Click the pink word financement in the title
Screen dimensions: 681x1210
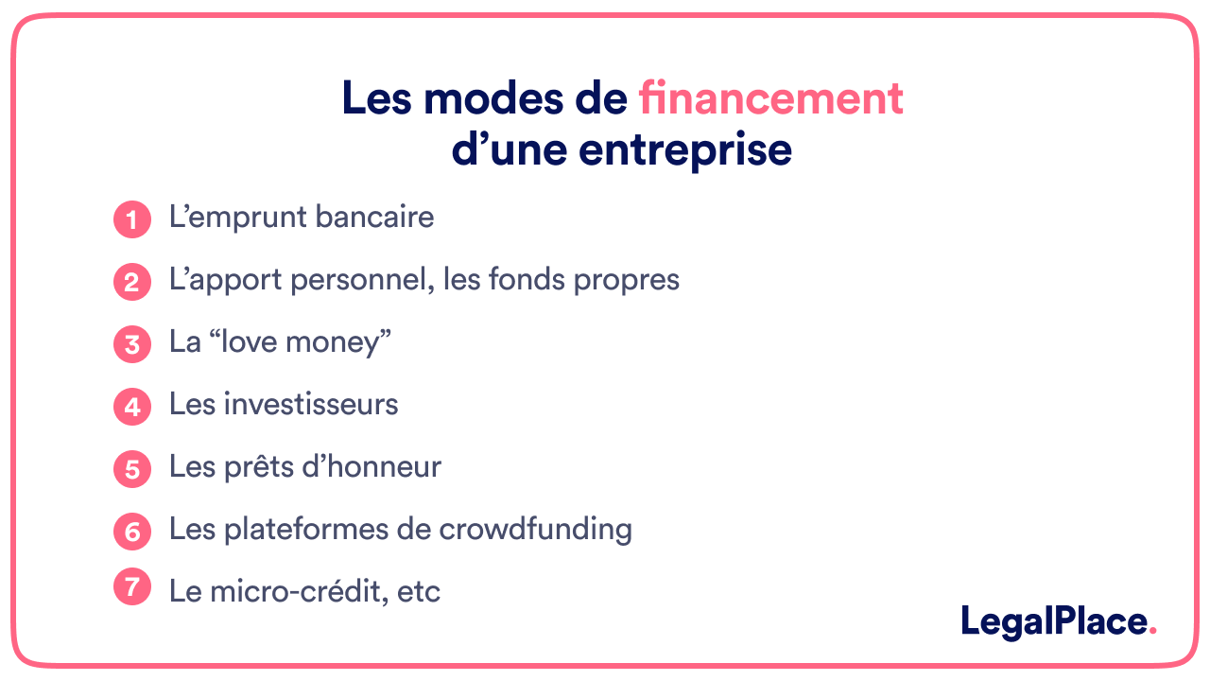point(770,98)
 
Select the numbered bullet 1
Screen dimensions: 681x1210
point(132,220)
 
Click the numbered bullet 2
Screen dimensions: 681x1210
point(132,282)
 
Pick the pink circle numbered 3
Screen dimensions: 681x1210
point(132,344)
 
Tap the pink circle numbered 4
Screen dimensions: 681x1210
point(132,407)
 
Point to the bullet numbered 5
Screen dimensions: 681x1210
point(132,469)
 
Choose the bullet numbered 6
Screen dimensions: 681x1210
point(132,532)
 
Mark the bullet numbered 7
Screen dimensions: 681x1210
point(132,587)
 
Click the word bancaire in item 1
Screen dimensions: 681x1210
point(374,218)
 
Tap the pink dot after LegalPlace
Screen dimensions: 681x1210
point(1151,632)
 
